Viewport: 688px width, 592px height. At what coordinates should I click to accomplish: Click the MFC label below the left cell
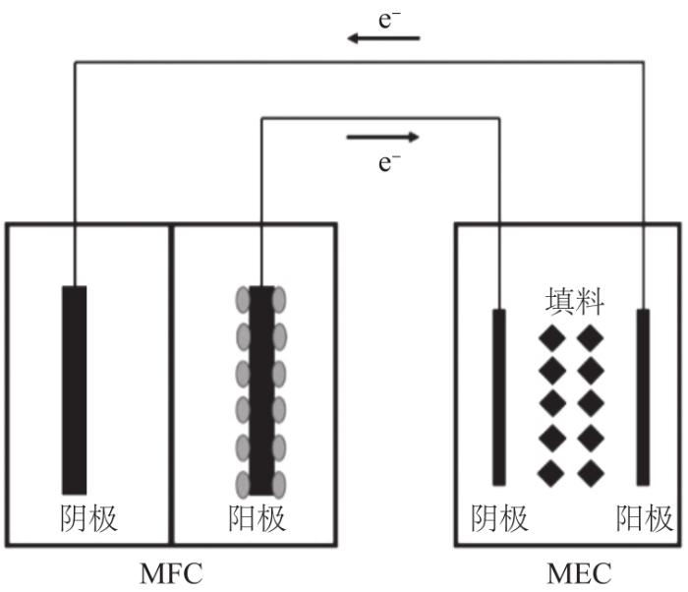[171, 573]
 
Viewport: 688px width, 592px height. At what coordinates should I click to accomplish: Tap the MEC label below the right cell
[579, 573]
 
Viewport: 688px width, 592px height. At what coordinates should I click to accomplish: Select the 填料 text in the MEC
[575, 301]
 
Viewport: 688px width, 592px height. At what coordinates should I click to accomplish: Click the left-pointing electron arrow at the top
[383, 38]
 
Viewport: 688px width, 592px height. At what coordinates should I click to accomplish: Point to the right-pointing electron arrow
[382, 138]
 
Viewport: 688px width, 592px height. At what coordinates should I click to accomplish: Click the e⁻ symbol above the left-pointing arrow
[389, 21]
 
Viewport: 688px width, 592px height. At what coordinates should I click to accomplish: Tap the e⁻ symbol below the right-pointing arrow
[389, 163]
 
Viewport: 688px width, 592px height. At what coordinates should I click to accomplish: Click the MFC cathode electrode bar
[74, 390]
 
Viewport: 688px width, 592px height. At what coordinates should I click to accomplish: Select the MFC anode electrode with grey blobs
[261, 390]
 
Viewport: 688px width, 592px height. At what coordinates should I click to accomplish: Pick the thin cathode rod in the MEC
[499, 397]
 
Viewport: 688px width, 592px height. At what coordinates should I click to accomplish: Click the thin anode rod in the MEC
[643, 397]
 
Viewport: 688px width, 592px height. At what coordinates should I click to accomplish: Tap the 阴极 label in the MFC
[88, 518]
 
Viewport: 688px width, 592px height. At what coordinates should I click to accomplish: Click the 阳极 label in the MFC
[258, 518]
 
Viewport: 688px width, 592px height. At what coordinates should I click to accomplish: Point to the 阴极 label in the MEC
[499, 518]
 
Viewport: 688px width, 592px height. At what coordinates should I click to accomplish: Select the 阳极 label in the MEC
[644, 518]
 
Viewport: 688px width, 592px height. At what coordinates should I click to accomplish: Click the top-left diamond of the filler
[552, 338]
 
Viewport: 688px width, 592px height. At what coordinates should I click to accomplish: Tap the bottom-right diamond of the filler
[591, 473]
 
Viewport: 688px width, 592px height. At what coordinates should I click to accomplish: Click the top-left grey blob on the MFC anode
[243, 300]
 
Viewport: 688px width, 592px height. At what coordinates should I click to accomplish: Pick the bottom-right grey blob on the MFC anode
[279, 485]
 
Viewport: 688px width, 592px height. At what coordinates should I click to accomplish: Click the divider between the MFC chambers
[172, 385]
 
